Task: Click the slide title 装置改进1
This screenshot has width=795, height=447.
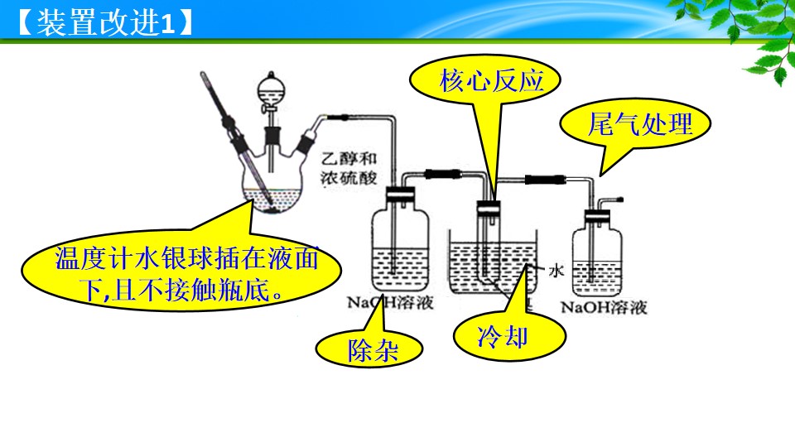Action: (x=105, y=23)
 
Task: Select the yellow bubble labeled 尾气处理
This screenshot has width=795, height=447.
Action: (x=635, y=123)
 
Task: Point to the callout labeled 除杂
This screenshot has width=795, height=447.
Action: (x=369, y=348)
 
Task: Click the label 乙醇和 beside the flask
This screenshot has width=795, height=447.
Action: (x=349, y=159)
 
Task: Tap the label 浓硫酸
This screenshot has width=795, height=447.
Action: (x=349, y=178)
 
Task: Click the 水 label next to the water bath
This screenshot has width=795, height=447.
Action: (x=556, y=270)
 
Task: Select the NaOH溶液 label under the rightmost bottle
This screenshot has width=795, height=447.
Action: (x=604, y=307)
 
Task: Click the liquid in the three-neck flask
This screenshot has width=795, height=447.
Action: (x=272, y=200)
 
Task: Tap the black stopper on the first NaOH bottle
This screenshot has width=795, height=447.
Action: (x=400, y=194)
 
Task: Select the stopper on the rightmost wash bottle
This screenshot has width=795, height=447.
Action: (x=597, y=216)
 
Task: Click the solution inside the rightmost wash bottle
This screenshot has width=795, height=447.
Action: (x=597, y=278)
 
